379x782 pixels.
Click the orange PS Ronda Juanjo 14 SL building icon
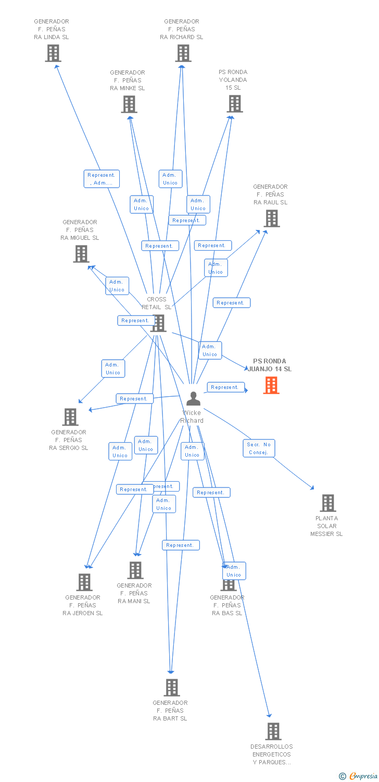tap(271, 385)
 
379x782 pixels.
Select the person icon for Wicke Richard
tap(193, 399)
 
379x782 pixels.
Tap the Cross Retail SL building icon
tap(158, 323)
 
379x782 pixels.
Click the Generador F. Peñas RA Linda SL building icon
tap(53, 53)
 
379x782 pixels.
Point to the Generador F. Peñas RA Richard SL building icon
tap(183, 53)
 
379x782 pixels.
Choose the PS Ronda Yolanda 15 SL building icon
tap(234, 104)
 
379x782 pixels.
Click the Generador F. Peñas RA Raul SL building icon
tap(271, 218)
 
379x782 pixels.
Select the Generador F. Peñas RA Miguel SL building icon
tap(81, 254)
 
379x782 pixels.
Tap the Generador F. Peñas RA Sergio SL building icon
tap(70, 417)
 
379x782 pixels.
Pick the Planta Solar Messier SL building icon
tap(327, 503)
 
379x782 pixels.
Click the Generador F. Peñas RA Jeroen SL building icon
tap(84, 582)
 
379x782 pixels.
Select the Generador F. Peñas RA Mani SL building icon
tap(135, 570)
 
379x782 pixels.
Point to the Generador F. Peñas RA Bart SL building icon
tap(172, 688)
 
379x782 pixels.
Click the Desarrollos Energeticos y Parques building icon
tap(273, 731)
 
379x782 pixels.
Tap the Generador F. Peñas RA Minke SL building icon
tap(129, 104)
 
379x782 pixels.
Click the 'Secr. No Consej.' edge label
tap(259, 448)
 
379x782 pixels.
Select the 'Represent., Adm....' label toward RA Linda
tap(102, 179)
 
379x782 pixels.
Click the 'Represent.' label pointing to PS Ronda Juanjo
tap(225, 387)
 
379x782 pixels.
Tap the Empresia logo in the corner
tap(359, 776)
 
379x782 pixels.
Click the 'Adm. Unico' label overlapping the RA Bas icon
tap(234, 571)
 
